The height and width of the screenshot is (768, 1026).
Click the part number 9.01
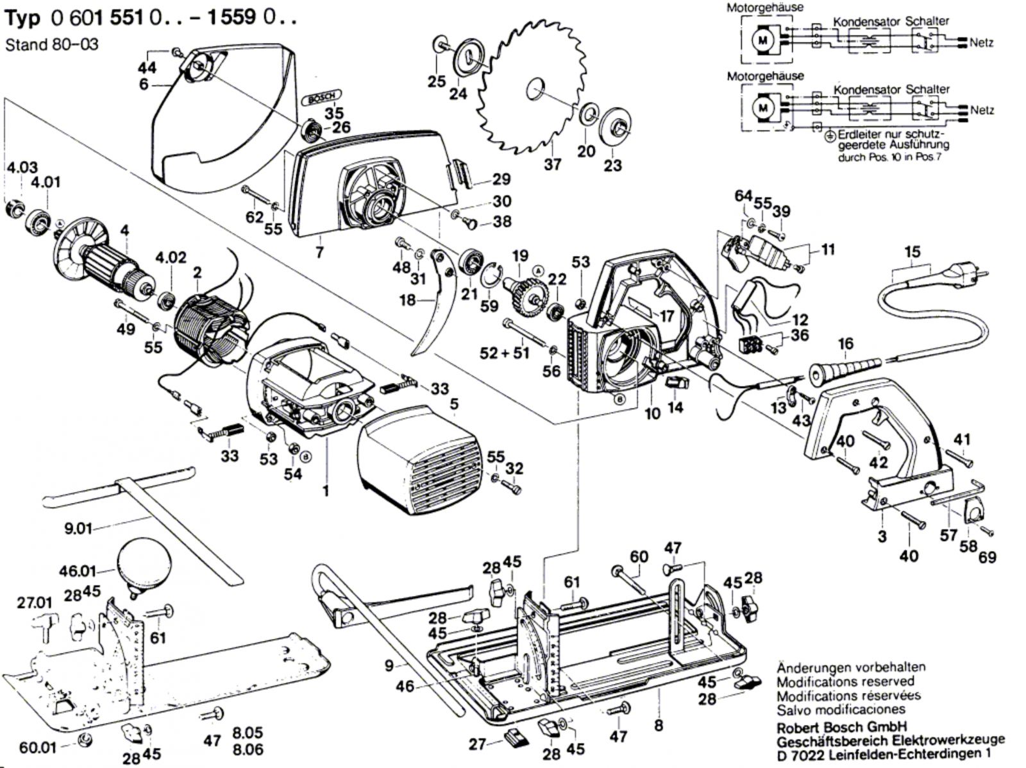[x=78, y=529]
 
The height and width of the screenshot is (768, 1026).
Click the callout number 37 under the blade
[x=552, y=164]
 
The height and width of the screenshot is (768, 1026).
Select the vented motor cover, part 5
[x=420, y=459]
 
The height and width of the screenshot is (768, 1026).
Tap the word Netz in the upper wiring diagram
[x=981, y=43]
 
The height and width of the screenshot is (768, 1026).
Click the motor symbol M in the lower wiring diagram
[x=762, y=108]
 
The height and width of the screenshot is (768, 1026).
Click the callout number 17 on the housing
[x=667, y=316]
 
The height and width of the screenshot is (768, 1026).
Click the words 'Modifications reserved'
[x=846, y=681]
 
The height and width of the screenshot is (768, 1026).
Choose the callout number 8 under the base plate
[x=659, y=726]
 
